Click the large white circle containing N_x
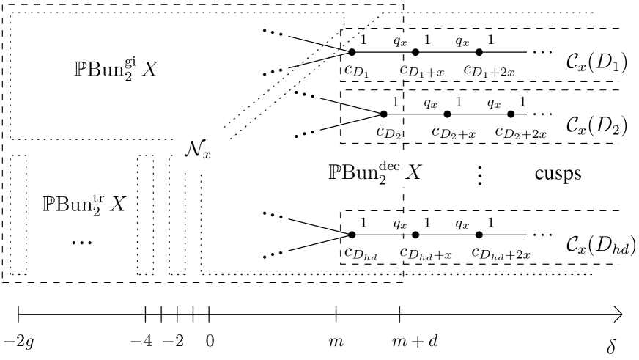point(201,147)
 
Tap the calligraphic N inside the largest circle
point(194,148)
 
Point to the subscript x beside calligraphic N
point(207,154)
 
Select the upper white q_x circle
point(403,42)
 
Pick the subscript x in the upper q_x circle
point(404,43)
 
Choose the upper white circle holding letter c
point(404,70)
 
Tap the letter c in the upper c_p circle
point(403,70)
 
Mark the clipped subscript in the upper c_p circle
point(410,73)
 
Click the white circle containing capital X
point(404,172)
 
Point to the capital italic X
point(413,173)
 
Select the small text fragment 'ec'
point(394,166)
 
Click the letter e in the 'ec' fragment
point(391,166)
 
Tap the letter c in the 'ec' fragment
point(397,166)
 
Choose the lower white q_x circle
point(403,224)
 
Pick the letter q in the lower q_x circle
point(397,224)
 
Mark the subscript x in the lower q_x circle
point(404,226)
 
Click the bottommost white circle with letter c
point(405,251)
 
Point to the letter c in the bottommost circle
point(404,251)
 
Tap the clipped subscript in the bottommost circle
point(411,254)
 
